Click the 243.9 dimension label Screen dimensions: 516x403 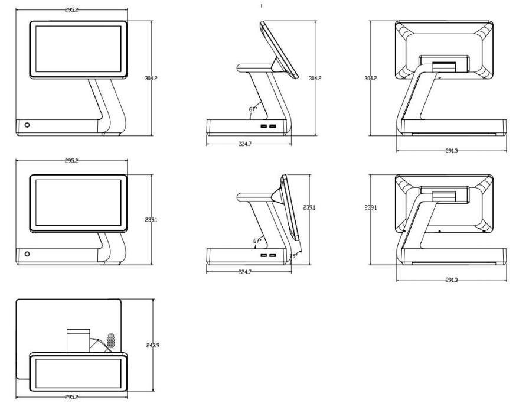153,345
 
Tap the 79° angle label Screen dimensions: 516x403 293,255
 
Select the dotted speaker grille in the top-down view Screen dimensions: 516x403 111,340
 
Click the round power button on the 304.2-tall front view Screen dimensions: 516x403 27,125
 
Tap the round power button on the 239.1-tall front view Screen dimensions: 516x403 27,254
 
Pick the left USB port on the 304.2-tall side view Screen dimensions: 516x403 264,126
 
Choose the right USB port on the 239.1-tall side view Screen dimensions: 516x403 272,255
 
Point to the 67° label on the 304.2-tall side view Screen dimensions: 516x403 253,109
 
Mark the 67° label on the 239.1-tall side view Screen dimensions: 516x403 257,241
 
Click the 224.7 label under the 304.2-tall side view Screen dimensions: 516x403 244,144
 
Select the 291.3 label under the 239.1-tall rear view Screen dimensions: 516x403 452,280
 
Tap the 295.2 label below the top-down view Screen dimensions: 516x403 71,398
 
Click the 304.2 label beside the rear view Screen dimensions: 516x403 371,79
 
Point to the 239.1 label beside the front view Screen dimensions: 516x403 151,219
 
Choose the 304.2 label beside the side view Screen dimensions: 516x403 315,79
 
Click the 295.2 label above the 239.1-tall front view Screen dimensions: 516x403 71,161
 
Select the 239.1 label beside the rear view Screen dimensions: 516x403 371,207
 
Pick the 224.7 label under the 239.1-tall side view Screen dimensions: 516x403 244,272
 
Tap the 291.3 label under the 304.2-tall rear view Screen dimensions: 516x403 452,151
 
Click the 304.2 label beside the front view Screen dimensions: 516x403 151,79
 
